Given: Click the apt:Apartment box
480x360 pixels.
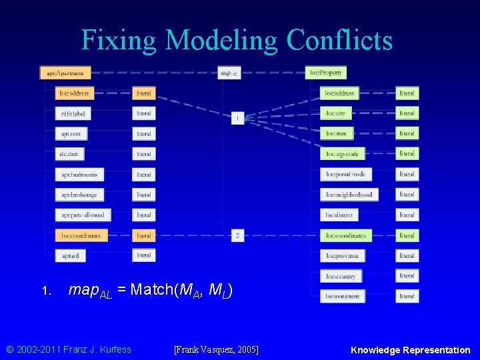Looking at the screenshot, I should click(x=65, y=73).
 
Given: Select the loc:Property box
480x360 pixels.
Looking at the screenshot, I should click(x=325, y=73).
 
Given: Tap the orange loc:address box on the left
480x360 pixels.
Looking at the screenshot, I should click(x=73, y=93).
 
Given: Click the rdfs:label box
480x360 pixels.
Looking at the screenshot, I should click(x=73, y=113).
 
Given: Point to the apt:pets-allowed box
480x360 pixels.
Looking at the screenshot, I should click(x=82, y=215).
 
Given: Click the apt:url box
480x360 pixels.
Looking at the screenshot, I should click(x=70, y=255).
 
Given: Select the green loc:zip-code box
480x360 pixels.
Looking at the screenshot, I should click(x=342, y=154).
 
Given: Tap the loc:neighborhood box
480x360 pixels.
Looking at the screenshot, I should click(x=349, y=195).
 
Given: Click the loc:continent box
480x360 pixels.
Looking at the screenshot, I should click(x=343, y=296).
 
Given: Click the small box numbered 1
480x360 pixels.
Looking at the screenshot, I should click(x=237, y=118).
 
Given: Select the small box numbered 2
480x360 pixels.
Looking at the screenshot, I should click(x=237, y=235).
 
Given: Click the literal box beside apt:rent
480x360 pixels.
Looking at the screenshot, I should click(x=143, y=134).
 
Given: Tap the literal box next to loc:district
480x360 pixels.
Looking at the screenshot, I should click(x=407, y=215).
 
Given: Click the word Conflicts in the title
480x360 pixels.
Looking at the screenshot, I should click(x=339, y=40).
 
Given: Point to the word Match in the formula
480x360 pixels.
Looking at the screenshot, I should click(x=153, y=289).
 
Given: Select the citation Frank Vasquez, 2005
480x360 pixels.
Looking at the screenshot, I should click(x=215, y=349).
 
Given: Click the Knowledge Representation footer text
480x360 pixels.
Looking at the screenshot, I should click(x=410, y=349).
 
